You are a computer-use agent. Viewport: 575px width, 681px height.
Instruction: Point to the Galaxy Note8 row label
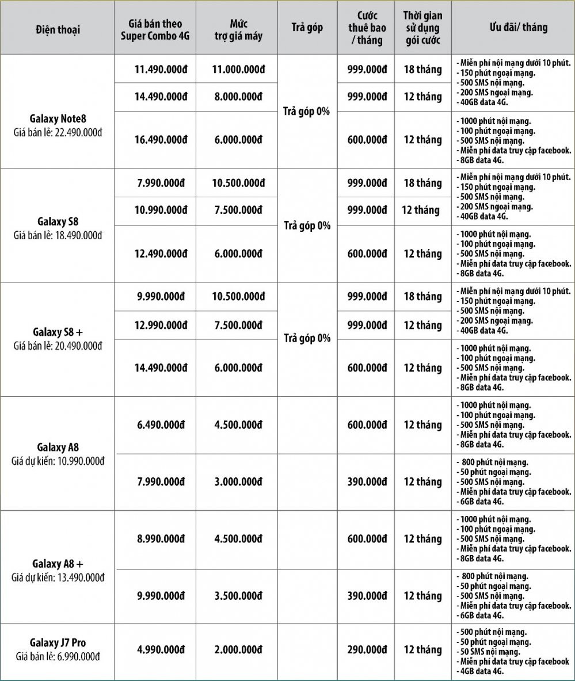57,120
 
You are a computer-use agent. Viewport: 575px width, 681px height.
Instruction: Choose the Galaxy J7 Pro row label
57,642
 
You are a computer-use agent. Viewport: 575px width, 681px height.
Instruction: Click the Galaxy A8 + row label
57,563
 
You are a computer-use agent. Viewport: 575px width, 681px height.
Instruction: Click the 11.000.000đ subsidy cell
237,70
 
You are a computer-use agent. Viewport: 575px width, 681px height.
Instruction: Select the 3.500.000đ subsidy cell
237,596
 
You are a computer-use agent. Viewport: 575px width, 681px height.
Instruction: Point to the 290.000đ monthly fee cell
366,649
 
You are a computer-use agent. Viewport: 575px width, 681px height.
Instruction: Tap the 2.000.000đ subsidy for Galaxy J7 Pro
237,649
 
